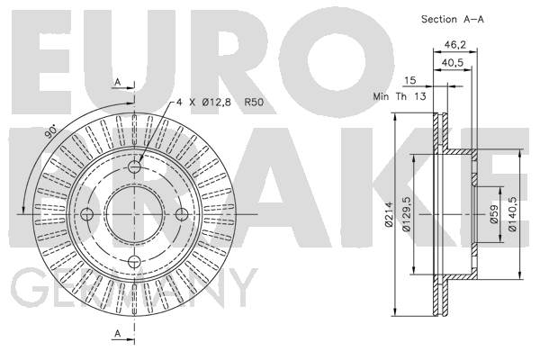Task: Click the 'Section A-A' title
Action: (x=453, y=19)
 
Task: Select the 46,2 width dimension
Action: (x=454, y=45)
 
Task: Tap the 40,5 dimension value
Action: (x=453, y=63)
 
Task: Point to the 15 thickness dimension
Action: (x=409, y=81)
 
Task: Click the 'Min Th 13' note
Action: (x=400, y=96)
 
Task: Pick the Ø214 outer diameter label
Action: (x=389, y=214)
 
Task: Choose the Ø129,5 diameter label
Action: (x=407, y=214)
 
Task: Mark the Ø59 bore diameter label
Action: (x=494, y=214)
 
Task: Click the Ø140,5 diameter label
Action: (x=513, y=214)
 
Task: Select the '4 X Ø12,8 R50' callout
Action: (x=220, y=102)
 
